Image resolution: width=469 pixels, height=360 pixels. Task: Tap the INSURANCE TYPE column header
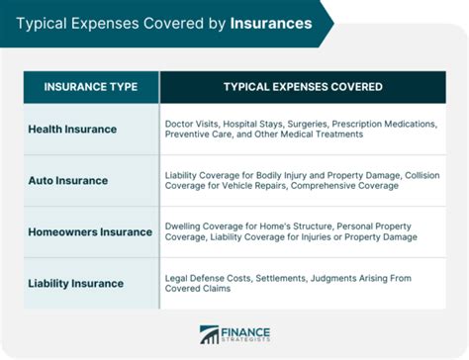[90, 87]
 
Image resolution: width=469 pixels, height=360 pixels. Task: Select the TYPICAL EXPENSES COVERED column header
[303, 87]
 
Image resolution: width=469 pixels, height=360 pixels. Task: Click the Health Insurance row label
[72, 129]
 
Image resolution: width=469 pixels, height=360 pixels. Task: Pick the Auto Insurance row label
[67, 180]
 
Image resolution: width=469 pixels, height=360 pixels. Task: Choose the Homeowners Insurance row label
[90, 231]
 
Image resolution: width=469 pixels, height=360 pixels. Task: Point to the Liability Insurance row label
[75, 283]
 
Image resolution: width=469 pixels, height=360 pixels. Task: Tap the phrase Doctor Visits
[192, 124]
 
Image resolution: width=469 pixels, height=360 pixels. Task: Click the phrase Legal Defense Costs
[209, 277]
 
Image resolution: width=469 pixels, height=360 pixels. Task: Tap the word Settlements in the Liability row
[283, 277]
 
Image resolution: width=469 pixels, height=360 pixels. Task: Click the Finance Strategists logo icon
[210, 335]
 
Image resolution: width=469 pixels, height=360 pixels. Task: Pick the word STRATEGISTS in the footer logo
[249, 342]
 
